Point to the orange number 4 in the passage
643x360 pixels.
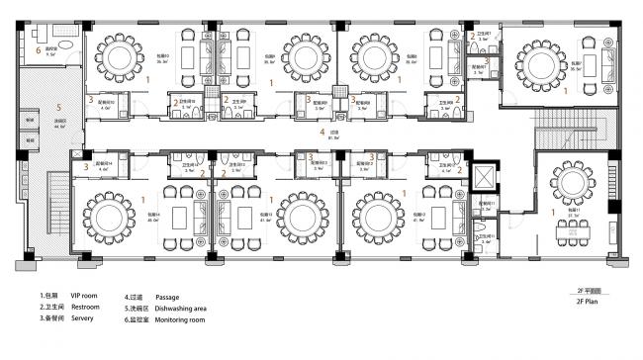(321, 131)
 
